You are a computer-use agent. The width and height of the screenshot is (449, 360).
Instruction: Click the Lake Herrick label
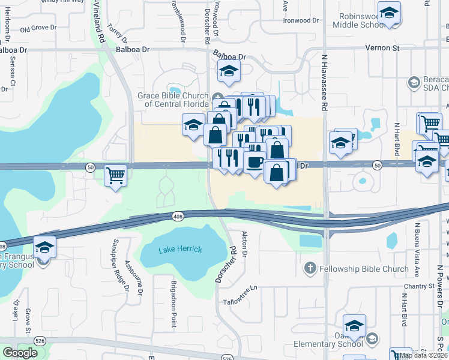pos(180,249)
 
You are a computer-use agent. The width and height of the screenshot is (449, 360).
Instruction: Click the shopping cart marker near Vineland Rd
pos(115,176)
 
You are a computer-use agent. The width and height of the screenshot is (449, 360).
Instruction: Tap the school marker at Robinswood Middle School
pos(390,14)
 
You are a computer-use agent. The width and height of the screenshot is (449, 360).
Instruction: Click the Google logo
pos(19,353)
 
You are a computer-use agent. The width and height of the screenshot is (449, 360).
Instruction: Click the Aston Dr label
pos(244,244)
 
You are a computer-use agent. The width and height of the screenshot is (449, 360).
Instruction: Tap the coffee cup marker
pos(254,162)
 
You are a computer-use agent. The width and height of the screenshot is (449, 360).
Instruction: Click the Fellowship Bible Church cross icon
pos(310,268)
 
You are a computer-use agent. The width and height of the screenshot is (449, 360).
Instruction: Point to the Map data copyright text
pos(424,355)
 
